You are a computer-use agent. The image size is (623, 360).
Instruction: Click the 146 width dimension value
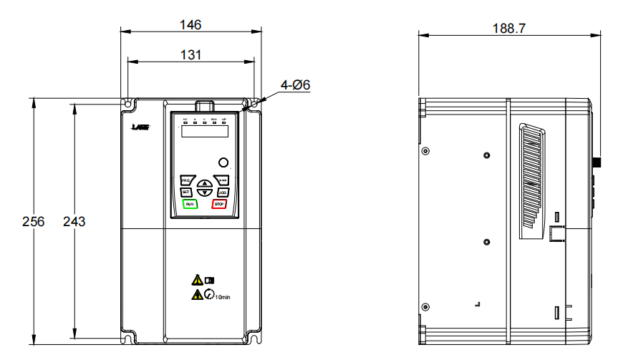click(190, 24)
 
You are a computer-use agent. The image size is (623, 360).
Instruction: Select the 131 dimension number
click(190, 54)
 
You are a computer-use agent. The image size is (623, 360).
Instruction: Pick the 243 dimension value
click(74, 221)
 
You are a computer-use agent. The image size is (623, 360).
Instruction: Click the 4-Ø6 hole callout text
click(294, 85)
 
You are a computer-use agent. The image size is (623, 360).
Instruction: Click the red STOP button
click(219, 204)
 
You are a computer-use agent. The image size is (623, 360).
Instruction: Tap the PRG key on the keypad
click(185, 180)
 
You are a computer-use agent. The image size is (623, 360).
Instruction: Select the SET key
click(185, 192)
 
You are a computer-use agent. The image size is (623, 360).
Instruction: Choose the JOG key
click(222, 192)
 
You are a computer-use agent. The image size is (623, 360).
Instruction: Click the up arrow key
click(204, 183)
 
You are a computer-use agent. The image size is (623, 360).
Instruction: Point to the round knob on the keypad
click(223, 162)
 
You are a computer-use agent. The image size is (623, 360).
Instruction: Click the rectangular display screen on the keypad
click(204, 132)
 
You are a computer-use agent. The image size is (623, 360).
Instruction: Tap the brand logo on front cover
click(140, 127)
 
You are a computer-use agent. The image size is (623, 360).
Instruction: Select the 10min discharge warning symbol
click(208, 294)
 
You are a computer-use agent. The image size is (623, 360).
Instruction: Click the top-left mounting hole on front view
click(128, 104)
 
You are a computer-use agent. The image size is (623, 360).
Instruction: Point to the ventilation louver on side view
click(531, 179)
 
